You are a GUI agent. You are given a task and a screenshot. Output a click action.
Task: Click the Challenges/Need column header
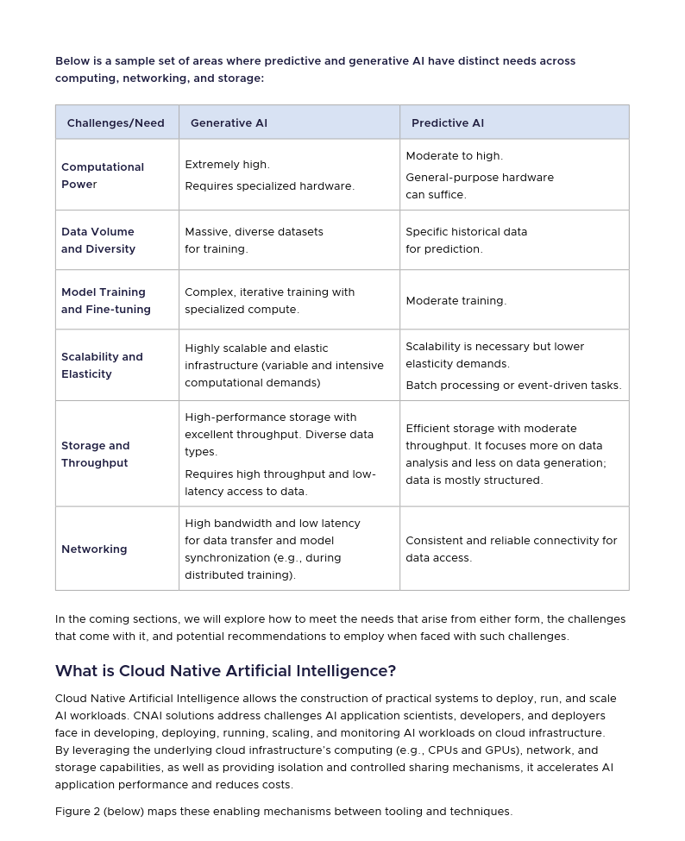116,123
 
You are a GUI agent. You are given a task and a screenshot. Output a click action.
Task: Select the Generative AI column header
229,123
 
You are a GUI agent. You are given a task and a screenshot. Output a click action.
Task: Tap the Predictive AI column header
447,123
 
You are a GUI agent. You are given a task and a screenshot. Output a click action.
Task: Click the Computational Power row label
103,175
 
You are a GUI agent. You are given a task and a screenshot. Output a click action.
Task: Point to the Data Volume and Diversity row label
98,241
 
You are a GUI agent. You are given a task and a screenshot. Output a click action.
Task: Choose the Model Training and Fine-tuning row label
106,301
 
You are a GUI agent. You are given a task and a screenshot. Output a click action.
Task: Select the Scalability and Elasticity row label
102,366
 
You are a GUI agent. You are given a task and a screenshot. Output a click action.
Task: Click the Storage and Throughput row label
95,455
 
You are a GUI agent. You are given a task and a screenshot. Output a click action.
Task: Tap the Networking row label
94,549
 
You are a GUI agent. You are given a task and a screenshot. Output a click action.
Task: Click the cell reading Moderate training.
456,301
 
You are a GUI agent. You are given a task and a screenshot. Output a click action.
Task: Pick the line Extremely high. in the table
227,165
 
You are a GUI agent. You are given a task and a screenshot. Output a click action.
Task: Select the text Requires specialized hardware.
269,186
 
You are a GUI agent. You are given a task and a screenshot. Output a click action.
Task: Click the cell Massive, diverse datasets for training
254,241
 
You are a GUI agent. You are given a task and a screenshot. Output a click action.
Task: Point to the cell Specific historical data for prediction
466,241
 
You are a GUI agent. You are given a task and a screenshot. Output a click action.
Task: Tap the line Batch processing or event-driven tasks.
513,386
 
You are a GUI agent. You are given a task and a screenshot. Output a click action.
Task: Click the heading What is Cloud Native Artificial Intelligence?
225,671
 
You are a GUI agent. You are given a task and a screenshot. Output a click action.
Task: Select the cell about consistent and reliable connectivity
511,549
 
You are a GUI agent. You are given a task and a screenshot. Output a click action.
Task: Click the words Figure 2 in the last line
77,812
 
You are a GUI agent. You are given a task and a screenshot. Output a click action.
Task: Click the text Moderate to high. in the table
454,156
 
